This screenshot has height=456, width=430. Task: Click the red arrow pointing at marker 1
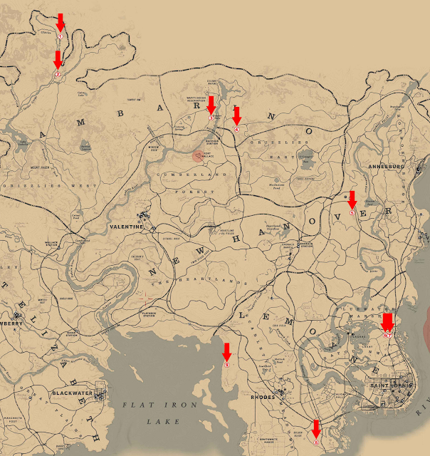tap(61, 22)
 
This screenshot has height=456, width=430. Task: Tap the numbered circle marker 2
tap(58, 73)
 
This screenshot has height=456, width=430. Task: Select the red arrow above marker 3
tap(211, 104)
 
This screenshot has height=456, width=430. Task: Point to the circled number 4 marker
tap(236, 130)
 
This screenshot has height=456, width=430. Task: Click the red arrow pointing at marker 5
tap(352, 200)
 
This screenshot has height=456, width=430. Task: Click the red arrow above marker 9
tap(227, 351)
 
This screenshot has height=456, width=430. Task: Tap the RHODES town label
tap(263, 398)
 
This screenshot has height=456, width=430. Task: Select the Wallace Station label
tap(51, 244)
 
